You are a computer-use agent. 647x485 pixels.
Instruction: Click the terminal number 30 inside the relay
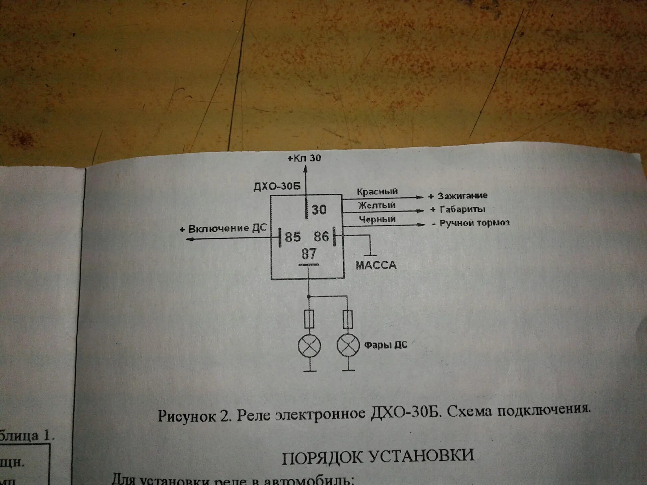pyautogui.click(x=319, y=210)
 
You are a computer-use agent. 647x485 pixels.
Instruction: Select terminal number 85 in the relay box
pyautogui.click(x=292, y=237)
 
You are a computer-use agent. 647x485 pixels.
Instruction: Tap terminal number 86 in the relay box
pyautogui.click(x=321, y=236)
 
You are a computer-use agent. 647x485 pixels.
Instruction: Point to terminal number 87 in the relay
pyautogui.click(x=309, y=254)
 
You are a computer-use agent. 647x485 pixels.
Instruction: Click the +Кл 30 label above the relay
pyautogui.click(x=304, y=158)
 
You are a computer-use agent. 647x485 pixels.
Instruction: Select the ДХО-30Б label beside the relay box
pyautogui.click(x=277, y=186)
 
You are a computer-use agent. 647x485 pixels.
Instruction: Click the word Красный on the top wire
pyautogui.click(x=377, y=192)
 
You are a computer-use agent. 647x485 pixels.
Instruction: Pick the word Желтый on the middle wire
pyautogui.click(x=377, y=205)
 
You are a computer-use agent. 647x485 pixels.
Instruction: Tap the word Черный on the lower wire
pyautogui.click(x=377, y=219)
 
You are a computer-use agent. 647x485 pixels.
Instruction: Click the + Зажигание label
pyautogui.click(x=458, y=196)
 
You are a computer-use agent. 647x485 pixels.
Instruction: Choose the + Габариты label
pyautogui.click(x=458, y=209)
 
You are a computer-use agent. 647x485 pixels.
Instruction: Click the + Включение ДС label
pyautogui.click(x=223, y=229)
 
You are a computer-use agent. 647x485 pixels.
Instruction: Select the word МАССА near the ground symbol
pyautogui.click(x=376, y=265)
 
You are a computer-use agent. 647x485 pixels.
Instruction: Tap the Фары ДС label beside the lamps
pyautogui.click(x=386, y=345)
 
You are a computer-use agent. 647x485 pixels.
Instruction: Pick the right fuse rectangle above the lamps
pyautogui.click(x=348, y=319)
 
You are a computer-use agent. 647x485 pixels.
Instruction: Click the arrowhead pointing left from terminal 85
pyautogui.click(x=190, y=239)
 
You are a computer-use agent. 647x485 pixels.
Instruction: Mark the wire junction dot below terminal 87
pyautogui.click(x=309, y=297)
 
